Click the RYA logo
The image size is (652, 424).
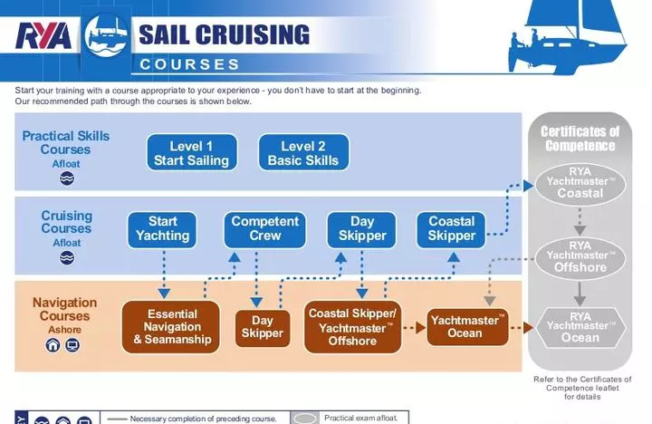tap(43, 36)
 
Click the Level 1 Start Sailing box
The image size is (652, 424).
tap(191, 153)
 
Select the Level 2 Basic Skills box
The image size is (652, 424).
tap(302, 153)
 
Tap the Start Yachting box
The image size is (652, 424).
tap(163, 228)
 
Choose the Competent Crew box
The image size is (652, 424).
tap(264, 228)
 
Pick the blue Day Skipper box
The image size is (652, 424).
tap(362, 228)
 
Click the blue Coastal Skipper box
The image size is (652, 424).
tap(452, 228)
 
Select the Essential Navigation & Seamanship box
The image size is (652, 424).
tap(172, 327)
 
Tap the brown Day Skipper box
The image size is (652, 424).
tap(263, 327)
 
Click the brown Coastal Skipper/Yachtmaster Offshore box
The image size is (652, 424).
tap(351, 327)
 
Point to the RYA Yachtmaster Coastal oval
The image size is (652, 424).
tap(580, 182)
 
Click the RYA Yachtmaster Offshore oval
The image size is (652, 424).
tap(580, 255)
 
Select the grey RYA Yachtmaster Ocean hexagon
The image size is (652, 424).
tap(580, 326)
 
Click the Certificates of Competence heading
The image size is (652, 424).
tap(580, 138)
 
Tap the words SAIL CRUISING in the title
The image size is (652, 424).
tap(224, 35)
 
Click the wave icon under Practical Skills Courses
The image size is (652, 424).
tap(66, 178)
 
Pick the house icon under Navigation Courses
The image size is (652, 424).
tap(52, 345)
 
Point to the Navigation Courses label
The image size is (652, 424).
tap(65, 309)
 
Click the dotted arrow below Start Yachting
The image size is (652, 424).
tap(164, 274)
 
